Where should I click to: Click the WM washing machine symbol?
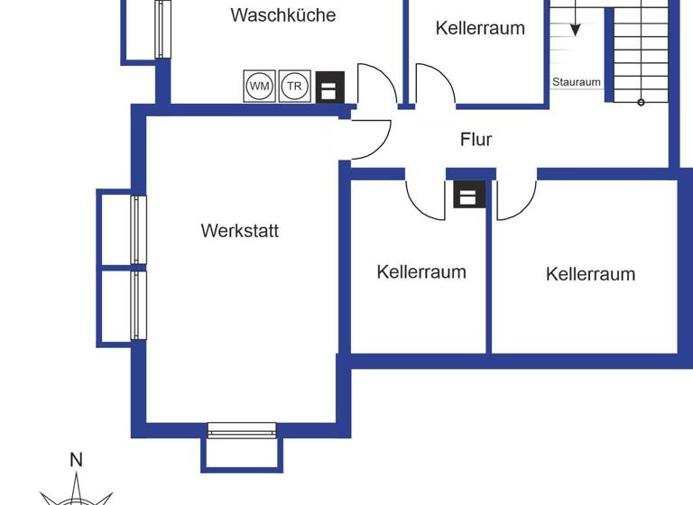pyautogui.click(x=260, y=87)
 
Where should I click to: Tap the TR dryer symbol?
pyautogui.click(x=294, y=87)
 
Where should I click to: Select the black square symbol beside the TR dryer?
pyautogui.click(x=329, y=87)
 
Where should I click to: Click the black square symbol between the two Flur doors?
pyautogui.click(x=469, y=194)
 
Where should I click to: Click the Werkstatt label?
pyautogui.click(x=240, y=231)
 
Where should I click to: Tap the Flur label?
pyautogui.click(x=476, y=140)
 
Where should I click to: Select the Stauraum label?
pyautogui.click(x=577, y=82)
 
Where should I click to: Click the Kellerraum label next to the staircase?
pyautogui.click(x=480, y=28)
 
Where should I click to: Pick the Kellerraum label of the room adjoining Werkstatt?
pyautogui.click(x=421, y=271)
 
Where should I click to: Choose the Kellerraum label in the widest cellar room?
pyautogui.click(x=591, y=274)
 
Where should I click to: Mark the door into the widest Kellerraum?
pyautogui.click(x=515, y=198)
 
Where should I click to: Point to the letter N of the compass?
pyautogui.click(x=76, y=461)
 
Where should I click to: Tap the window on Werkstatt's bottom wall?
pyautogui.click(x=242, y=430)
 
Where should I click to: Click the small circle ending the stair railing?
pyautogui.click(x=642, y=102)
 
